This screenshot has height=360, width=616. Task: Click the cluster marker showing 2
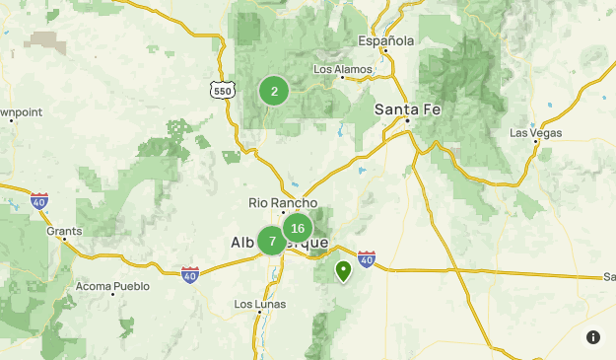(x=274, y=92)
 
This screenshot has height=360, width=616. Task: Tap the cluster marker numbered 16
(x=298, y=229)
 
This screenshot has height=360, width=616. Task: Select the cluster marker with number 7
(x=272, y=241)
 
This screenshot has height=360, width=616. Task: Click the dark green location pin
(x=344, y=269)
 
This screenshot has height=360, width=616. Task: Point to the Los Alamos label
(x=342, y=70)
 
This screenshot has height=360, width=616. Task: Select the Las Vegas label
(x=535, y=132)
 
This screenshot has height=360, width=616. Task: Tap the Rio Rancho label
(x=283, y=203)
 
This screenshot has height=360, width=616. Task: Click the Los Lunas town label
(x=259, y=304)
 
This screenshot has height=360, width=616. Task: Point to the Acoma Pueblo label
(x=112, y=287)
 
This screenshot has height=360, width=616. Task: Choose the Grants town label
(x=64, y=231)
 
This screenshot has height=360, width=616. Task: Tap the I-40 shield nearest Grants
(x=39, y=200)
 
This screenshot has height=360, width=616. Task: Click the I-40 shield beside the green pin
(x=366, y=258)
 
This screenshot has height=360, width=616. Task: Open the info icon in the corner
(x=593, y=337)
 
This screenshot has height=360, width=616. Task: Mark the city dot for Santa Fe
(x=408, y=121)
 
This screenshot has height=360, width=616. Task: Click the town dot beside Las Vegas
(x=536, y=143)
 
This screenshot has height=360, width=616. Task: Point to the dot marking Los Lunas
(x=259, y=313)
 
